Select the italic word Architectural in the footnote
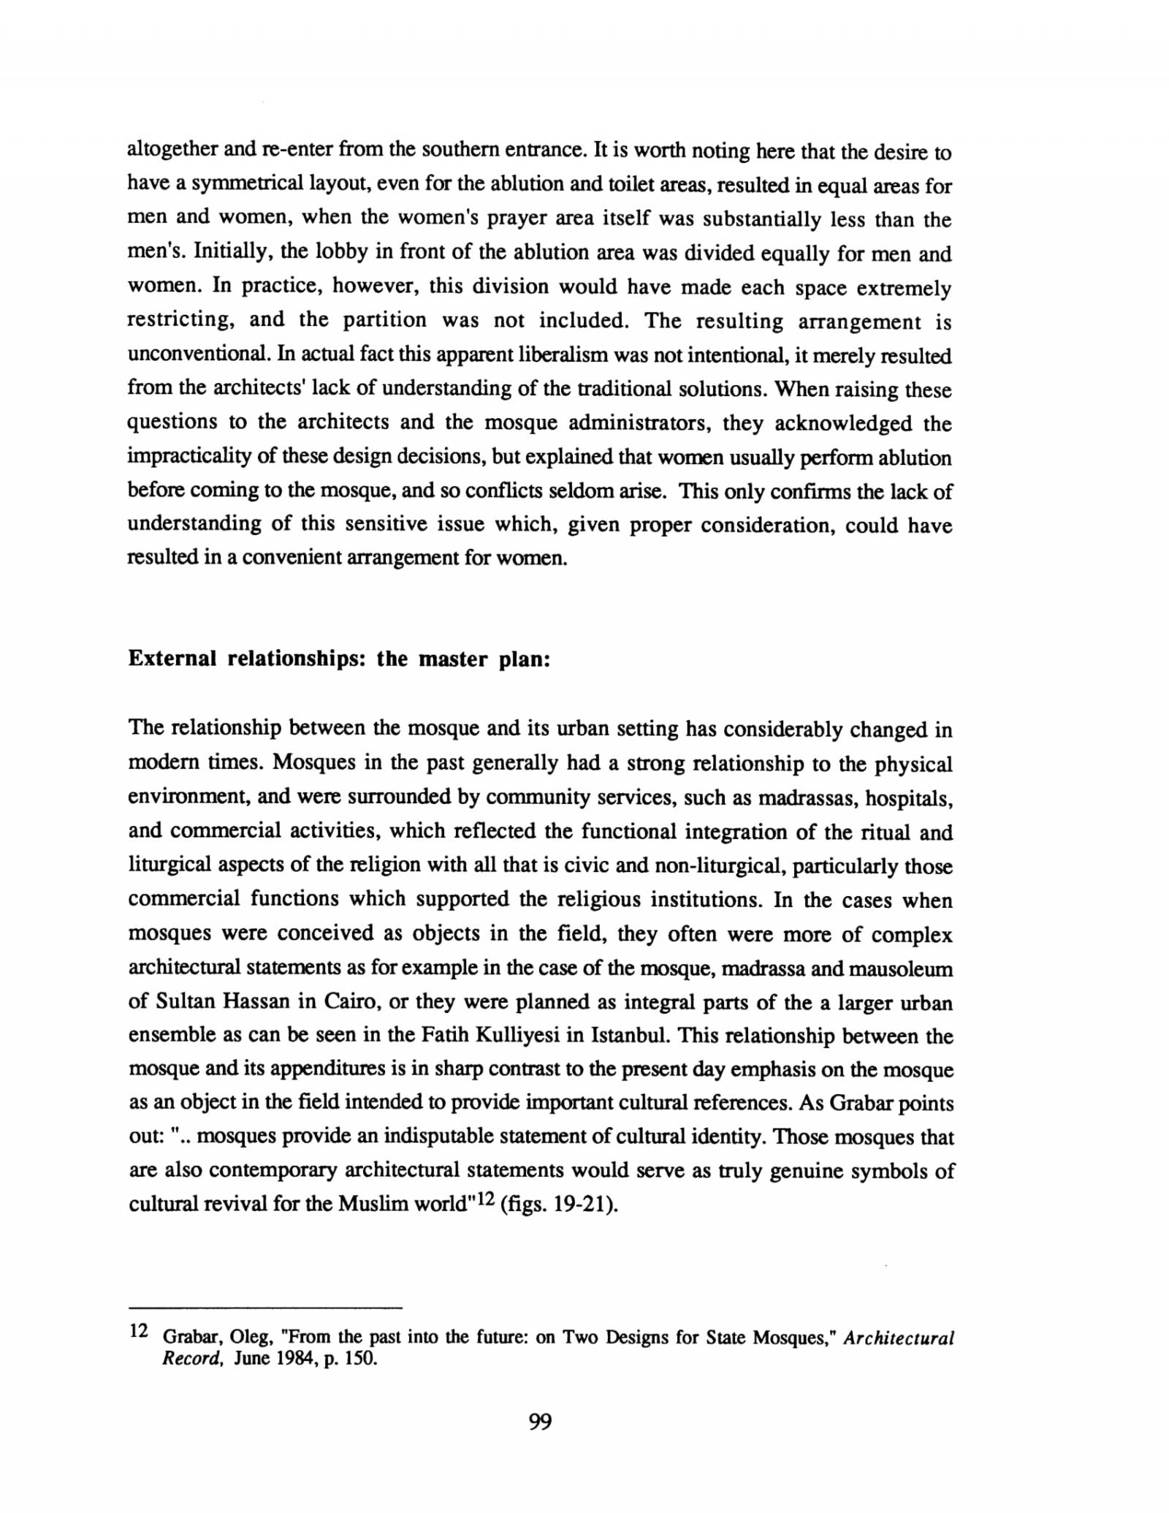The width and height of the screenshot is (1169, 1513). tap(899, 1338)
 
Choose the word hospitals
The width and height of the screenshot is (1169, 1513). tap(909, 797)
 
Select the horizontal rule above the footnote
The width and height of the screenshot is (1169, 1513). tap(265, 1306)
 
